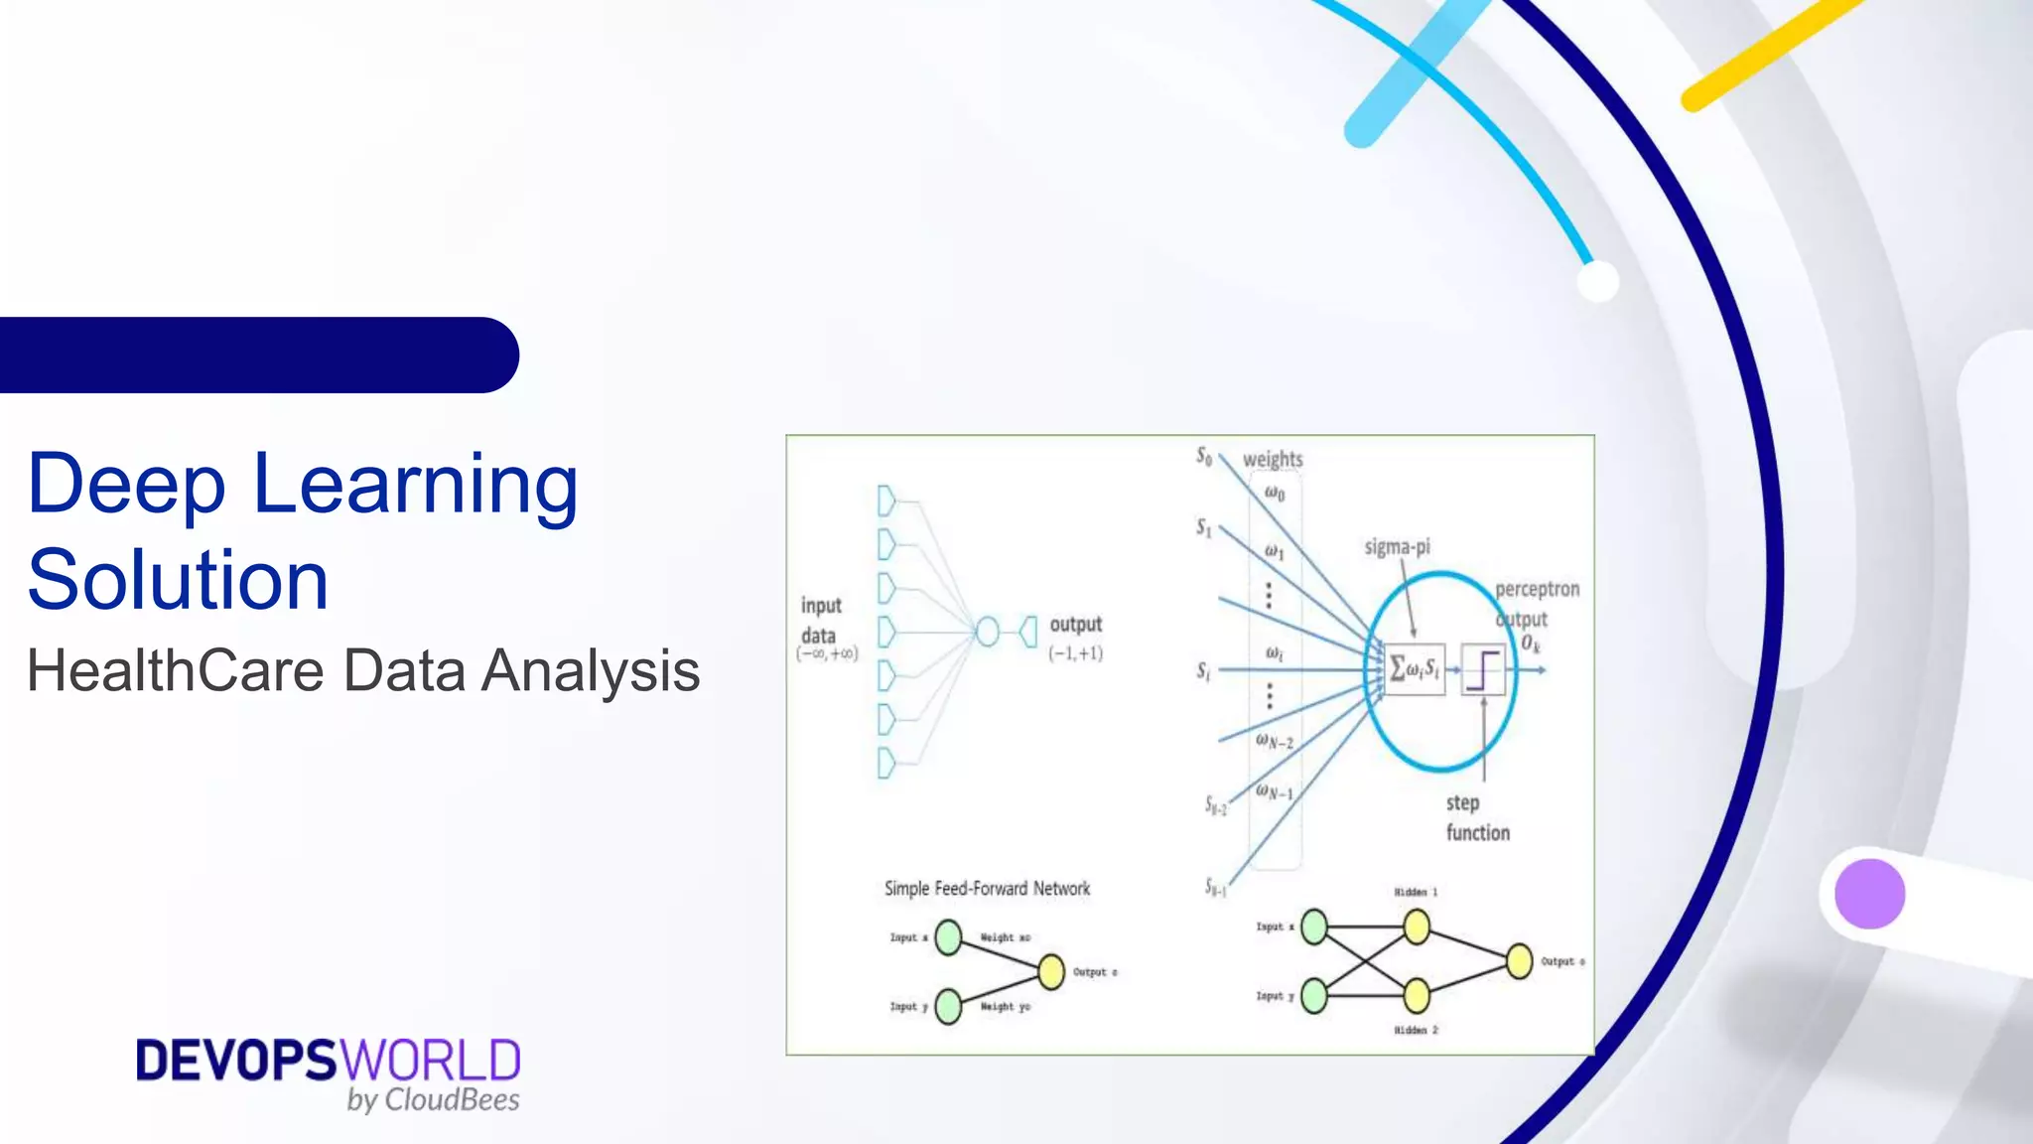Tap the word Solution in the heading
pos(177,580)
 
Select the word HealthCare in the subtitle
pos(175,670)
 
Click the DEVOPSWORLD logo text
pos(328,1061)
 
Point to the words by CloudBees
pos(433,1099)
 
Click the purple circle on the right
pos(1869,894)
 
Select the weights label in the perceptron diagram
pos(1272,459)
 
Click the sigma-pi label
pos(1396,547)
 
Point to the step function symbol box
pos(1482,669)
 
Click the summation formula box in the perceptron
pos(1414,668)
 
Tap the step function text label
pos(1476,817)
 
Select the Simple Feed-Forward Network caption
pos(987,889)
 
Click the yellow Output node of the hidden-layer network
pos(1519,961)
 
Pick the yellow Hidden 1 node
pos(1417,928)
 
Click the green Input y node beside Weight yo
pos(948,1006)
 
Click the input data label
pos(821,621)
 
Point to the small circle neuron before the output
pos(987,632)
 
